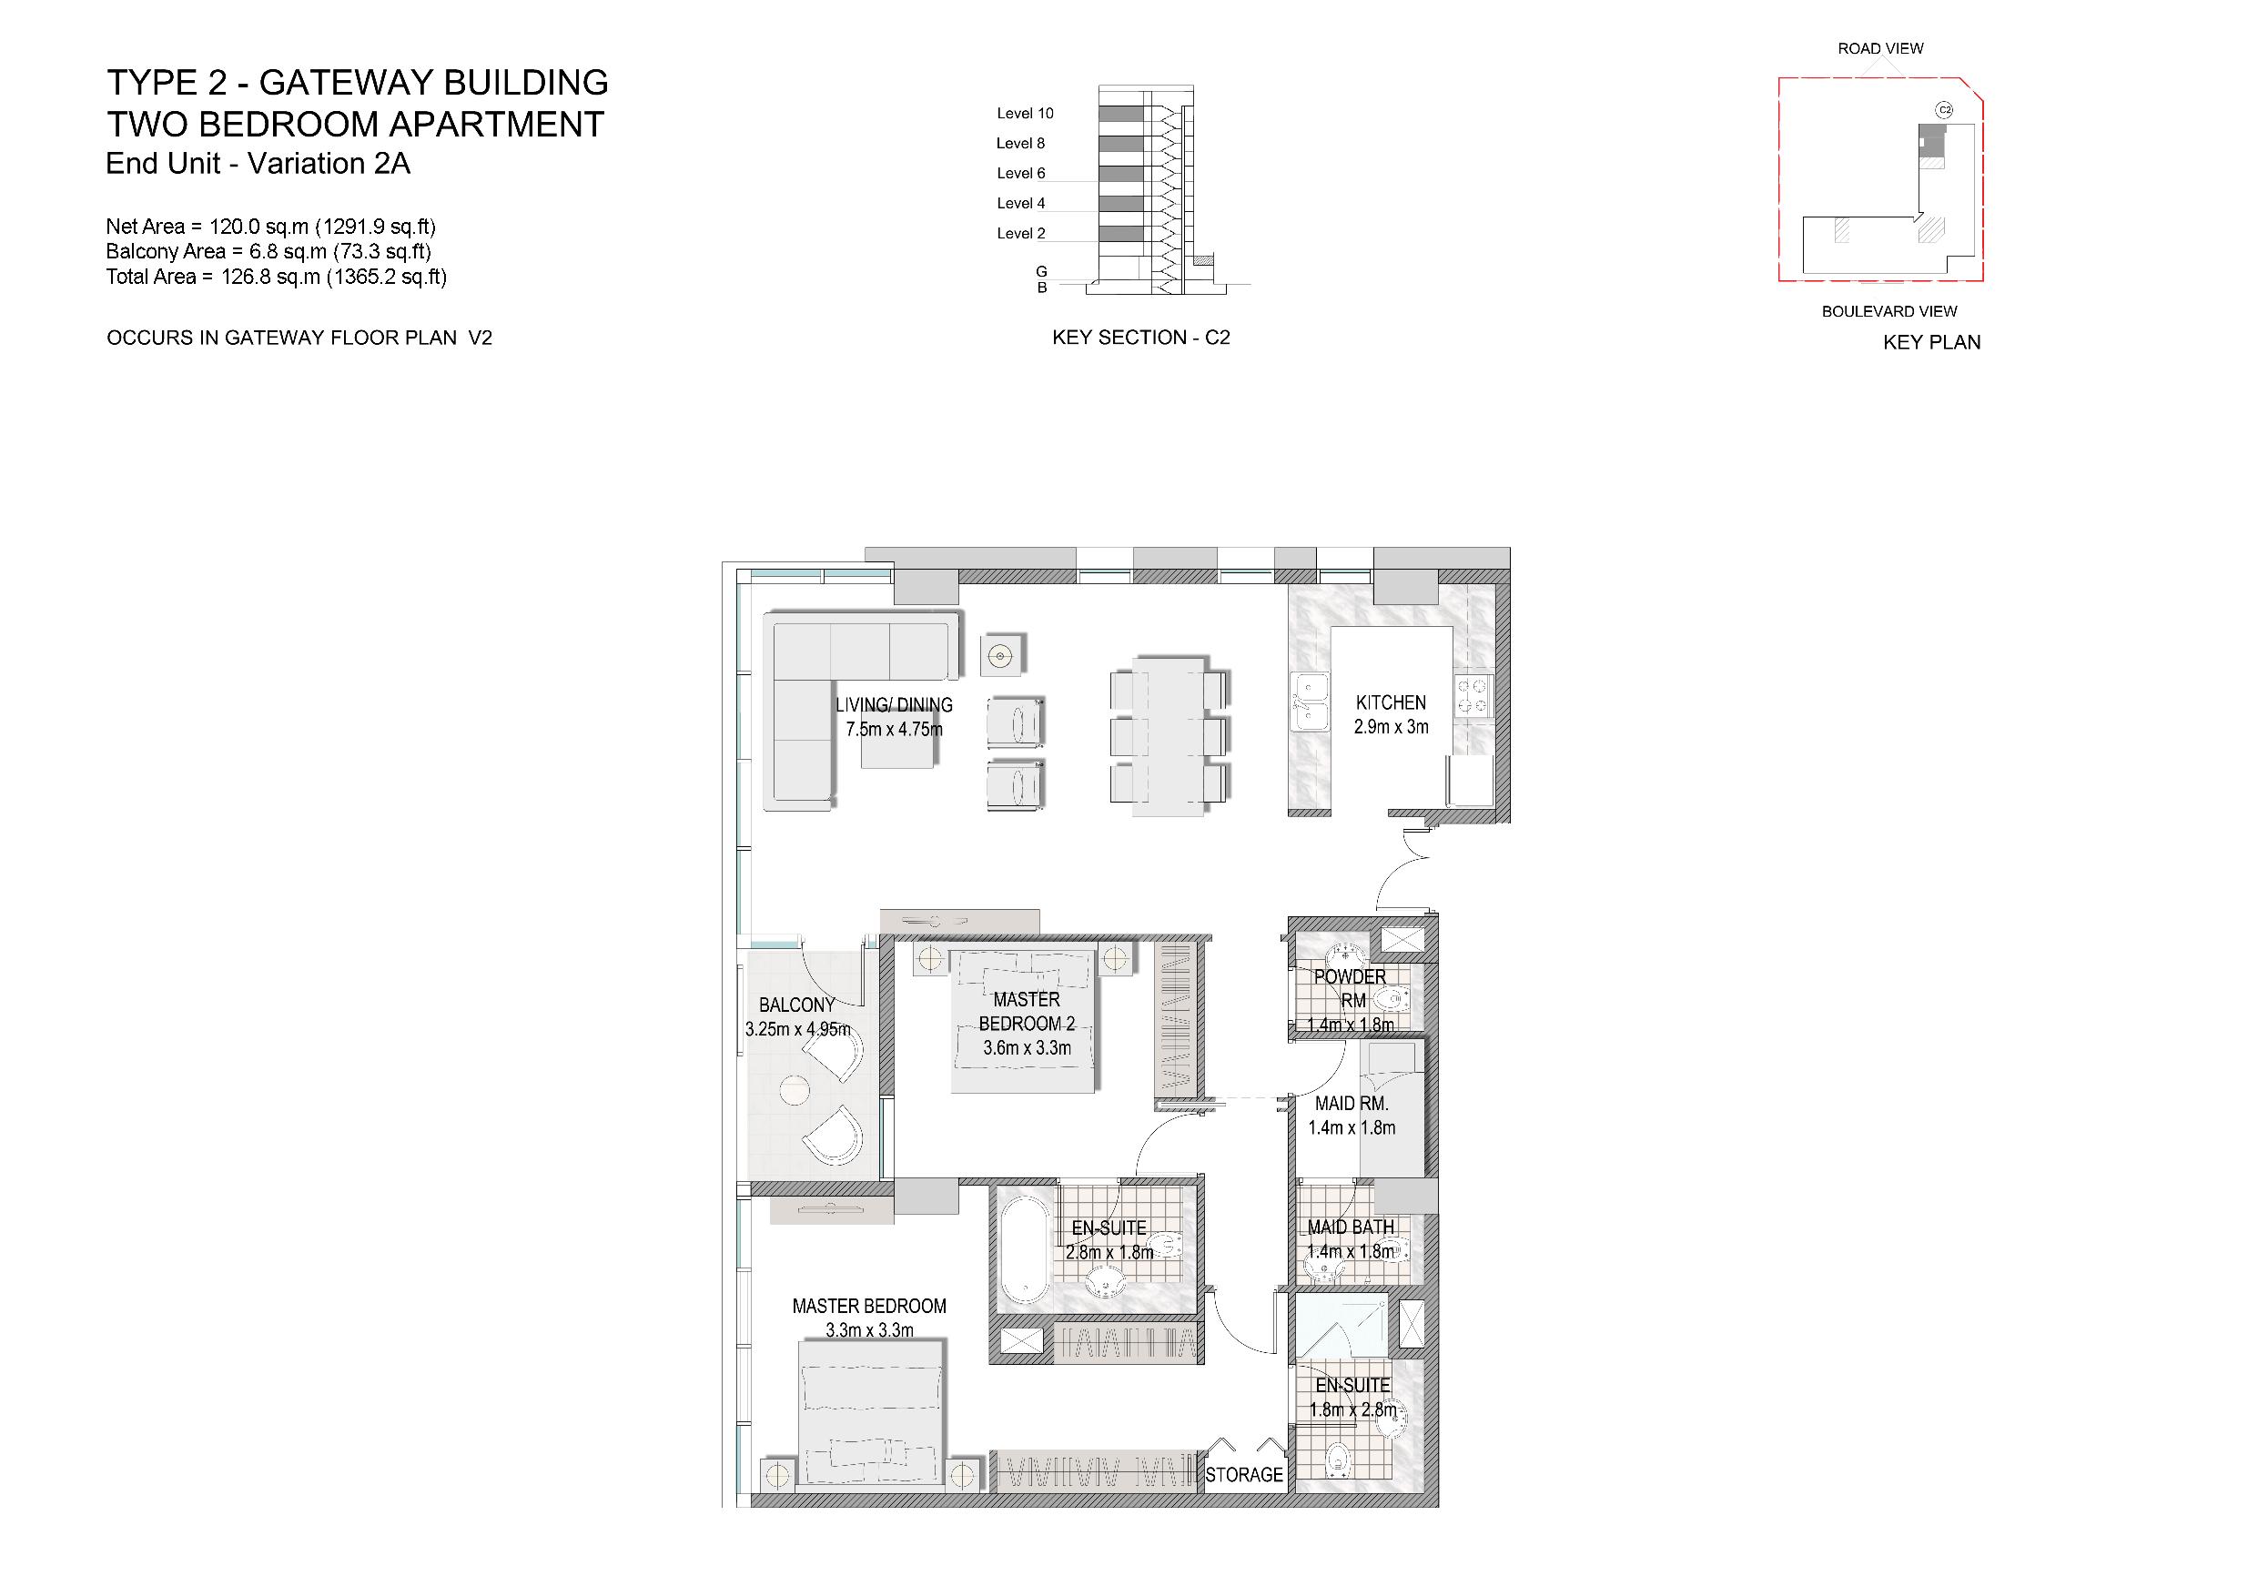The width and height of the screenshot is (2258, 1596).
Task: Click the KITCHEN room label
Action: tap(1390, 702)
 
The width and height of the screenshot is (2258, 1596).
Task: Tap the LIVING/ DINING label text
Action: tap(893, 705)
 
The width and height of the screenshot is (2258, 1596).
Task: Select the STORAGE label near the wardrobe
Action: tap(1244, 1475)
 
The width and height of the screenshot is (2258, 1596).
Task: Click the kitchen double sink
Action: tap(1309, 702)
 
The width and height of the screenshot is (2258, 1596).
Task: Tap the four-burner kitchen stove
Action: tap(1474, 694)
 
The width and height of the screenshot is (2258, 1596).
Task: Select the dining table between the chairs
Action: tap(1169, 735)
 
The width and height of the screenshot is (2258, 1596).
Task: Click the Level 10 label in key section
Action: tap(1025, 113)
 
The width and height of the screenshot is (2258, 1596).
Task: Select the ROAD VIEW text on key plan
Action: tap(1879, 48)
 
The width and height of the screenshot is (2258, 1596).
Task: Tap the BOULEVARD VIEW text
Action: tap(1888, 311)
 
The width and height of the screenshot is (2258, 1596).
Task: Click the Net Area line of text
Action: tap(270, 227)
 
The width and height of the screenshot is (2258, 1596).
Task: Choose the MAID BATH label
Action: tap(1351, 1227)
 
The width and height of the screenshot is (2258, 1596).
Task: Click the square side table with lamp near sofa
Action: tap(1002, 654)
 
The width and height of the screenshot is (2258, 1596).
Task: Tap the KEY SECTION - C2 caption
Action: tap(1139, 338)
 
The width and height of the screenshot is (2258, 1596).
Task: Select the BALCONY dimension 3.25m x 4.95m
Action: tap(797, 1030)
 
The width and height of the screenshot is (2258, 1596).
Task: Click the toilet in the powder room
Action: tap(1392, 1001)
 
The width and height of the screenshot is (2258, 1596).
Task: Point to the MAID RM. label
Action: tap(1352, 1104)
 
